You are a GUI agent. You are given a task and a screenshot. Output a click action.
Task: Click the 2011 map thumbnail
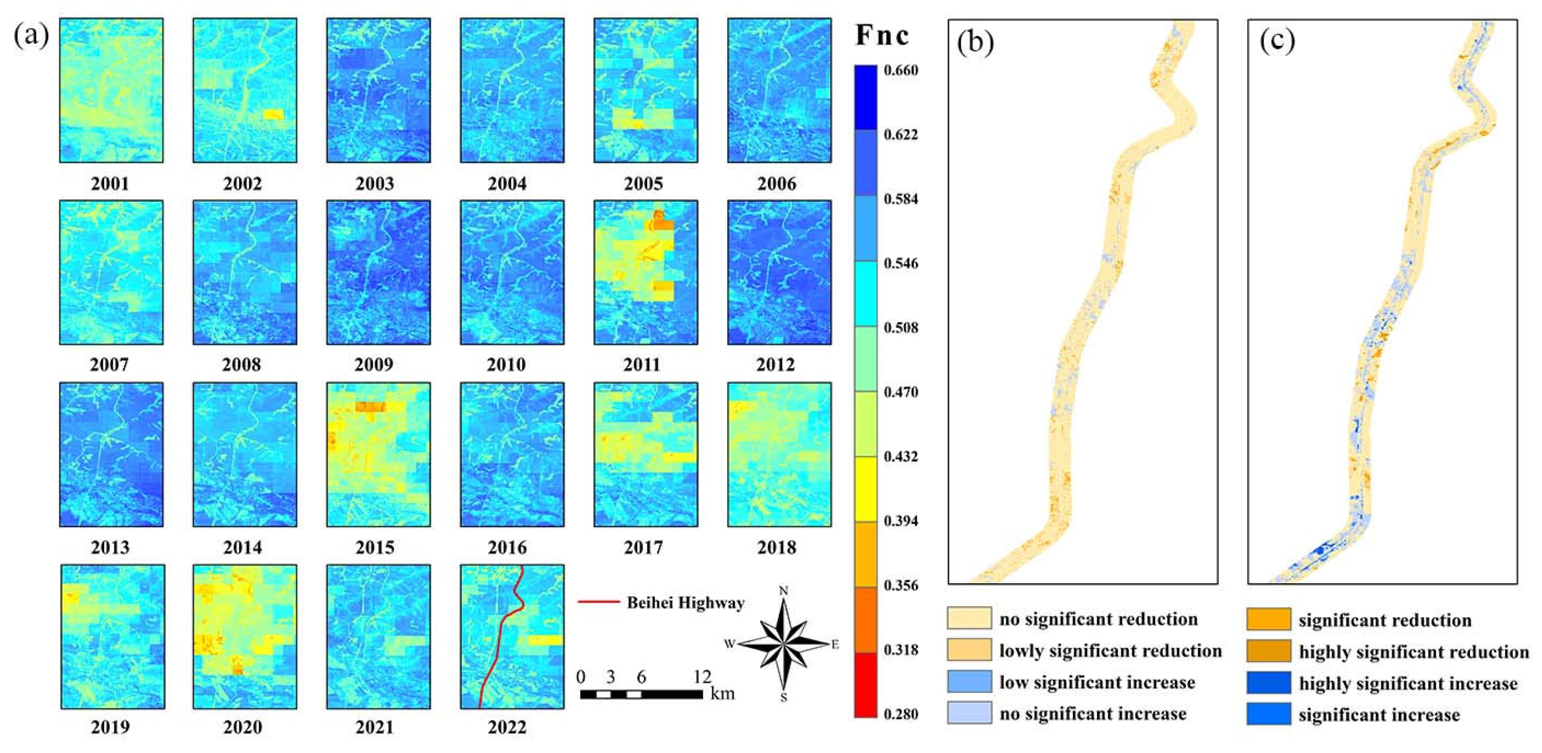645,272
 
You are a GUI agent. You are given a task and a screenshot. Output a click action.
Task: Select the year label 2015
374,547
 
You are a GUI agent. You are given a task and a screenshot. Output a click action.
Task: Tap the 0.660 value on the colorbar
900,70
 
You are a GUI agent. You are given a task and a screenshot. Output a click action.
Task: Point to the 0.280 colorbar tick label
900,714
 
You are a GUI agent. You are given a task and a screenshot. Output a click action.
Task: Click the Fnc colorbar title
881,36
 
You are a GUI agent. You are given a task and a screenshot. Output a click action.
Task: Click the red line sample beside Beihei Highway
598,602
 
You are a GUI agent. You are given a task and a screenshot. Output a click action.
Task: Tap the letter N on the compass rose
784,591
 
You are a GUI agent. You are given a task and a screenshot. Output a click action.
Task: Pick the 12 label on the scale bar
702,677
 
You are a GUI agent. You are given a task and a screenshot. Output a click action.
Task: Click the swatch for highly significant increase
1268,683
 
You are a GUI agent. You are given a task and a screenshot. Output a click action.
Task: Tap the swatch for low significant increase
969,682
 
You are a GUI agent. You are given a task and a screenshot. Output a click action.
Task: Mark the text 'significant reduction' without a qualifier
1384,620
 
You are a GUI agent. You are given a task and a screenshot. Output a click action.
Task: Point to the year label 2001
110,183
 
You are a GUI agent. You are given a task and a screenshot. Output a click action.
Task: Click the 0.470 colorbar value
900,392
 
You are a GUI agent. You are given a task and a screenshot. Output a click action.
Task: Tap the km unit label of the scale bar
722,694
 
